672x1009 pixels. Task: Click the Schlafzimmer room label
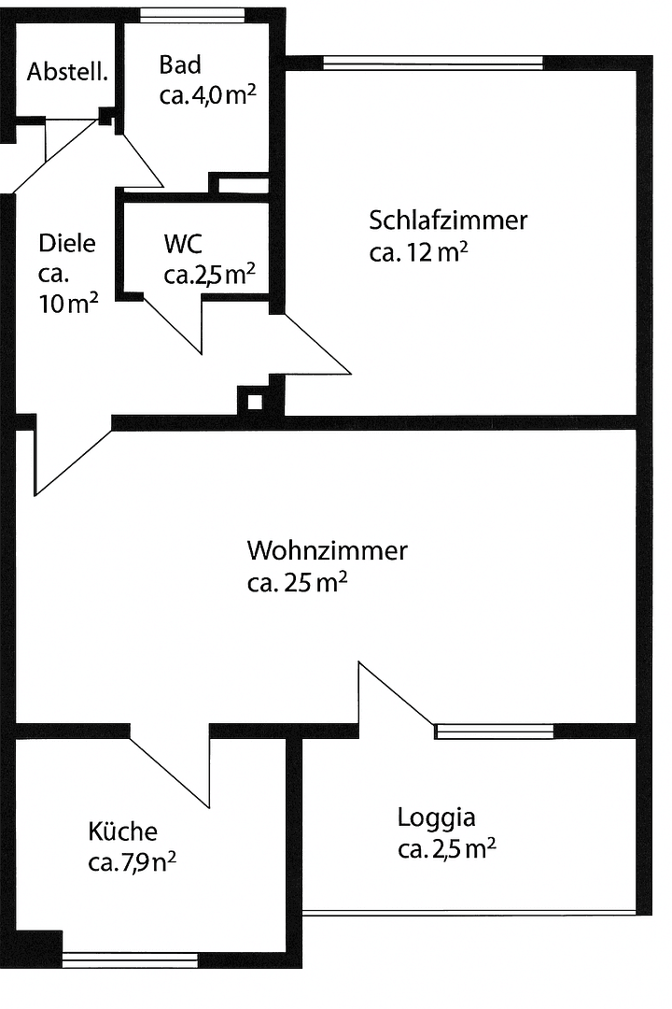[x=448, y=221]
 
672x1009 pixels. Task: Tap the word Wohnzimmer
[x=327, y=550]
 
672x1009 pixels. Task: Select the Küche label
[x=122, y=831]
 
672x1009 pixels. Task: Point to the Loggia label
[x=436, y=817]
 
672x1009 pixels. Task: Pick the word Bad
[x=180, y=64]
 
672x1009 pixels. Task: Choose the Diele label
[x=67, y=243]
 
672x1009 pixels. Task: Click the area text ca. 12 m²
[x=418, y=253]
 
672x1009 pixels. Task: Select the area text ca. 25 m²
[x=297, y=583]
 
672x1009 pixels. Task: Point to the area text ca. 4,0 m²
[x=207, y=96]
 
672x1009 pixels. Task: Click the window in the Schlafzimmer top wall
[x=432, y=63]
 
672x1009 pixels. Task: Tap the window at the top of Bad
[x=192, y=14]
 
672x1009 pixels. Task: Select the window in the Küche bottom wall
[x=130, y=959]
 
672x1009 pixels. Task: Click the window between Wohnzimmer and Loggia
[x=494, y=732]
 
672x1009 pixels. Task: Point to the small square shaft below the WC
[x=253, y=403]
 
